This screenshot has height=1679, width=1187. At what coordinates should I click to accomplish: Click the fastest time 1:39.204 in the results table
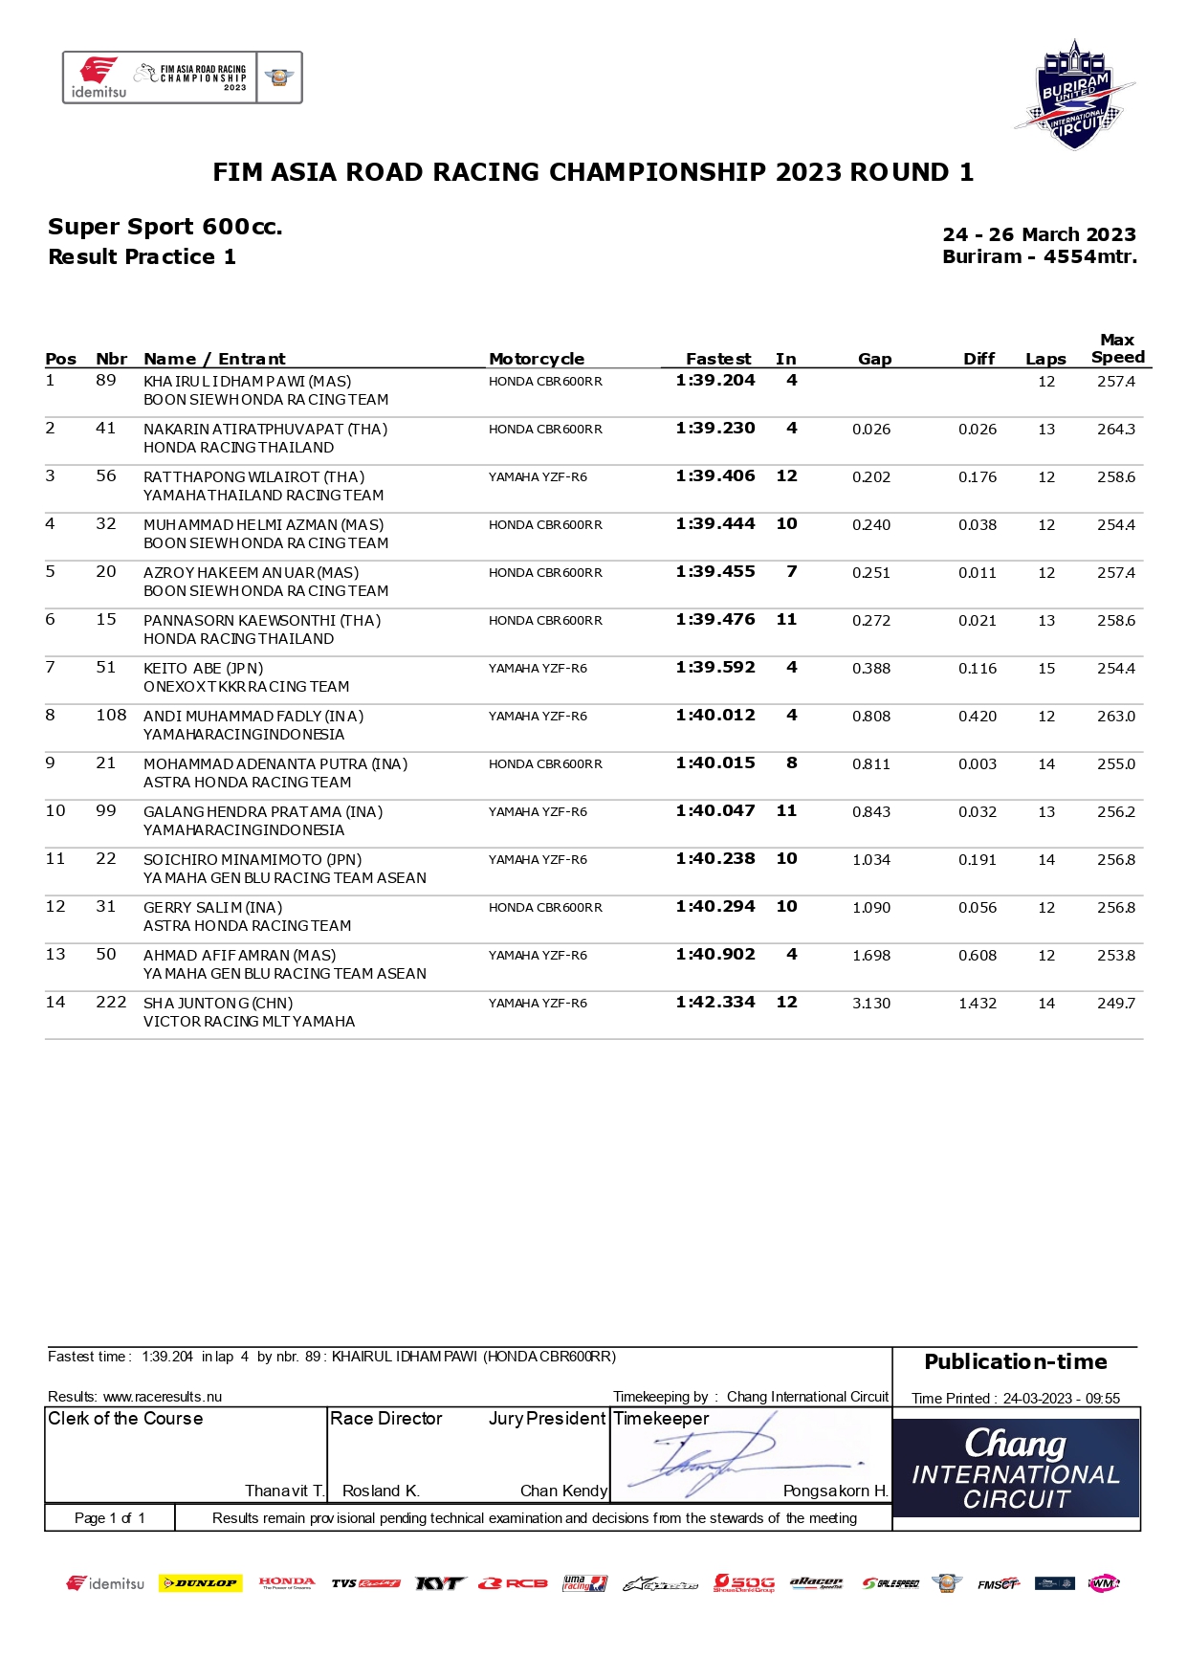click(x=714, y=381)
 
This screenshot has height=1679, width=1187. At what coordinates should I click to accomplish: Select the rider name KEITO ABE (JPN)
click(x=203, y=668)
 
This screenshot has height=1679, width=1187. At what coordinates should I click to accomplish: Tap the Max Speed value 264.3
click(x=1115, y=429)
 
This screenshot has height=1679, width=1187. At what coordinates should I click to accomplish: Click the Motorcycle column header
click(x=536, y=359)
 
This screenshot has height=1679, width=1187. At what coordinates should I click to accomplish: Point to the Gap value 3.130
click(x=870, y=1003)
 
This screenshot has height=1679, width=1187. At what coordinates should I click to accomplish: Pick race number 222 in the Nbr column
click(x=111, y=1002)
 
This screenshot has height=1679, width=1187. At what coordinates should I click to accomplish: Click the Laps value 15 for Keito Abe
click(x=1046, y=668)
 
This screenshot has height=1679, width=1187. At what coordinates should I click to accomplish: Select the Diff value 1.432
click(x=977, y=1003)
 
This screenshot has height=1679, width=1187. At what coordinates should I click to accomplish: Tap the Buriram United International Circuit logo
click(x=1074, y=95)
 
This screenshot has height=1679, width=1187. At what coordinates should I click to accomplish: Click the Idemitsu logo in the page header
click(x=99, y=77)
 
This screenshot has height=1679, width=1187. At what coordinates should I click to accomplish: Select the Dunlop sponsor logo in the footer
click(x=200, y=1583)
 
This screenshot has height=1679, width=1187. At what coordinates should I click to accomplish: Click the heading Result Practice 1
click(x=142, y=256)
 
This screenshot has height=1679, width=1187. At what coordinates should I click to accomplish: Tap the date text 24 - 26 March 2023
click(x=1039, y=234)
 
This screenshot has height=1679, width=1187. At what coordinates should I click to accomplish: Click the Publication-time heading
click(x=1015, y=1361)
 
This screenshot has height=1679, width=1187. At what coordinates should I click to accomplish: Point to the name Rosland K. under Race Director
click(x=381, y=1491)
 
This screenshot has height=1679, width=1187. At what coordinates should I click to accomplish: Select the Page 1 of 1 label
click(x=109, y=1517)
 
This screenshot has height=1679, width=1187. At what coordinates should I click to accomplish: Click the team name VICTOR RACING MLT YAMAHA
click(x=249, y=1021)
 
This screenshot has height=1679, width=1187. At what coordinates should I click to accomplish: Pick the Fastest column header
click(x=717, y=359)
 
